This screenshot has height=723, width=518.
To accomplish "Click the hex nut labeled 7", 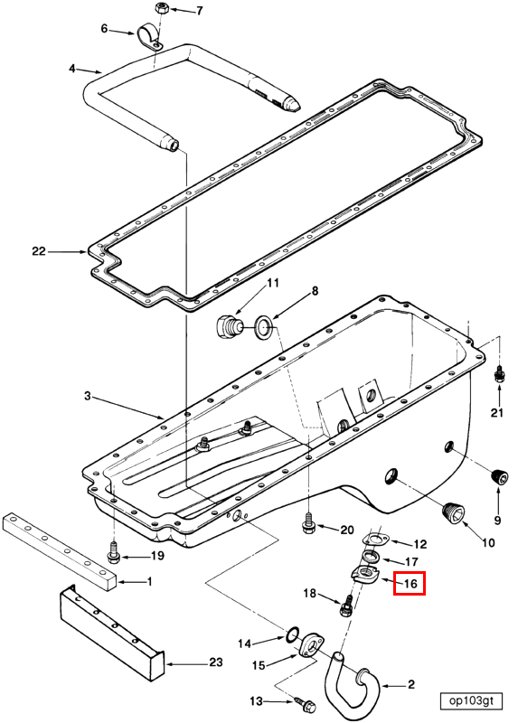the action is (162, 8).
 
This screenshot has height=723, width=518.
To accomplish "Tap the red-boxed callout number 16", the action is (410, 583).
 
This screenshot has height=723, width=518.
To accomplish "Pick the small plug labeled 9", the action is (499, 476).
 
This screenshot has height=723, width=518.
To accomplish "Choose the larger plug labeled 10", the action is (455, 513).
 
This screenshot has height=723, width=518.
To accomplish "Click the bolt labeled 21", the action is (498, 374).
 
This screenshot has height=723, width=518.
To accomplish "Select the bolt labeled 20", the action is (307, 523).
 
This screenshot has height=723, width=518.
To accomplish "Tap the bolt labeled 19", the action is (113, 552).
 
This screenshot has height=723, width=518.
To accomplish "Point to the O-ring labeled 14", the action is (292, 635).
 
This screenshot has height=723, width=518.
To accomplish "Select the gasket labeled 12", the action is (375, 540).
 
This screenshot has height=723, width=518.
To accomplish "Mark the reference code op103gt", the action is (470, 701).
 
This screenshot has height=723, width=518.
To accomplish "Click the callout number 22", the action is (39, 251).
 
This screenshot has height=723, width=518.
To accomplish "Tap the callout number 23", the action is (215, 662).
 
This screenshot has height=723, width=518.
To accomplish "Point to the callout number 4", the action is (72, 69).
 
